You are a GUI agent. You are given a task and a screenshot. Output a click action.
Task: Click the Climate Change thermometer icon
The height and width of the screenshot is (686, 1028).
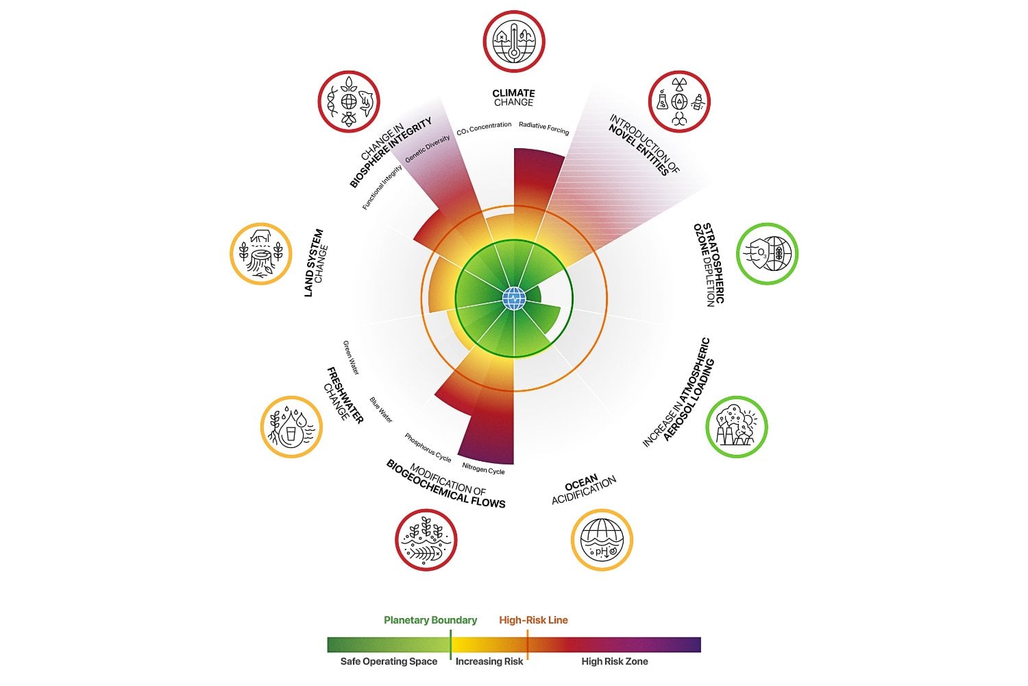pos(513,40)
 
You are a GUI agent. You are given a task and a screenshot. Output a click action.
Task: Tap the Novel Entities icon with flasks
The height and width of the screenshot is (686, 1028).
pos(679,102)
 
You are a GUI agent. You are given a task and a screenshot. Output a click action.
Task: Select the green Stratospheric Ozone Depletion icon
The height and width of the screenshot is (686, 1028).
pos(767,254)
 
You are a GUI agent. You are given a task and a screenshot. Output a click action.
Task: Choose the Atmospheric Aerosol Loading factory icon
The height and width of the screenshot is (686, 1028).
pos(737,427)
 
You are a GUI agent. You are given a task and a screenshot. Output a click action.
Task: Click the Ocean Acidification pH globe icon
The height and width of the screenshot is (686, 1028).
pos(602,539)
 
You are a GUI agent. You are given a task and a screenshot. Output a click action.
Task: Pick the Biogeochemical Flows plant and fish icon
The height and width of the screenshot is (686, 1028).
pos(426,539)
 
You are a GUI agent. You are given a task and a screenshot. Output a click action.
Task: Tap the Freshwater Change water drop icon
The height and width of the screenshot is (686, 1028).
pos(291,427)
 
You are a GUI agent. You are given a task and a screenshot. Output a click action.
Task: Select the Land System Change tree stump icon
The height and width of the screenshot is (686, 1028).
pos(261,254)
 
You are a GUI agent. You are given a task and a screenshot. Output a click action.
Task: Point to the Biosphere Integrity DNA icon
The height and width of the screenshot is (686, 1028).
pos(348,102)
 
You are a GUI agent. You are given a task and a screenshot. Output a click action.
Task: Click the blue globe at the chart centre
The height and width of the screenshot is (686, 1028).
pos(514,298)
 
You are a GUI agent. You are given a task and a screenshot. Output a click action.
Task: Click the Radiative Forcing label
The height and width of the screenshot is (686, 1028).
pos(543,127)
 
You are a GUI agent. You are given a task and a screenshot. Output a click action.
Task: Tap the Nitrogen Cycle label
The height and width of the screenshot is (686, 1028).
pos(483,469)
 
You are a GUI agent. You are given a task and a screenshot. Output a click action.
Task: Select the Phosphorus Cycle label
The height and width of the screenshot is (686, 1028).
pos(428,447)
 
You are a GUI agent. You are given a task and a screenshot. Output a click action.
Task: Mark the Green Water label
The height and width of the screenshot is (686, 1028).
pos(351,357)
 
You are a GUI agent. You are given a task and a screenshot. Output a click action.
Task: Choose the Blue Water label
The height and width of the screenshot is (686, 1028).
pos(381,410)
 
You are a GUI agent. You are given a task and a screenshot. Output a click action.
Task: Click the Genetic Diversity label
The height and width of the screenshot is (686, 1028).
pos(428,149)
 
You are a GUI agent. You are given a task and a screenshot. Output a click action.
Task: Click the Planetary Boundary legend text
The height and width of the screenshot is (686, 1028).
pos(430,620)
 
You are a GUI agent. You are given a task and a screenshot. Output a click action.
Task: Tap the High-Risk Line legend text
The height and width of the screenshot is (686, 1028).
pos(533,620)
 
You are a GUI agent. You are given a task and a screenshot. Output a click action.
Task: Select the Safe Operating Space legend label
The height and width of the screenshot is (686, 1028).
pos(389,661)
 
